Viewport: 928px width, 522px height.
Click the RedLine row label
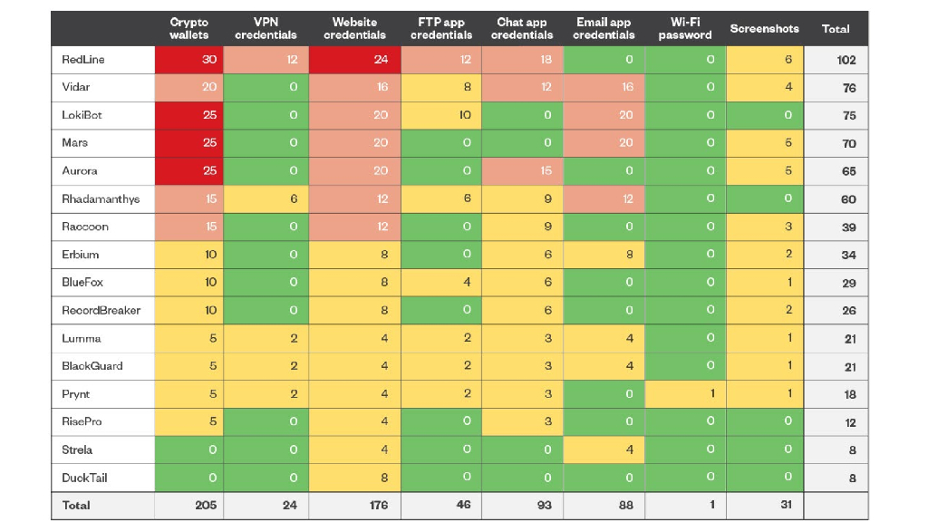coord(82,59)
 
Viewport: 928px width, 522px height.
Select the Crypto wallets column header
coord(188,28)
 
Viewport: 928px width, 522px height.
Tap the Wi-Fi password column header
coord(685,28)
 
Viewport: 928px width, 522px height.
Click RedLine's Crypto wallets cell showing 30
coord(189,60)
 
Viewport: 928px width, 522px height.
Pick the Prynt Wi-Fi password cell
coord(685,393)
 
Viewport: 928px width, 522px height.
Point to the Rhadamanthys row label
coord(101,198)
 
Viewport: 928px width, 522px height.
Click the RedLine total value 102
coord(846,60)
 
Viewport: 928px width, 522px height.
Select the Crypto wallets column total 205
coord(206,505)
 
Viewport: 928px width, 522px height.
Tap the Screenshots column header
coord(764,28)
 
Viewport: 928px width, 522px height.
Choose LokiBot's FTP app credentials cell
coord(441,115)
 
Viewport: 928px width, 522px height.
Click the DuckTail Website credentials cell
coord(354,478)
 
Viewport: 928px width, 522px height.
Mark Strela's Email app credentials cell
coord(604,449)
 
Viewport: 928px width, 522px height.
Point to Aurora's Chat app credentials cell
coord(522,171)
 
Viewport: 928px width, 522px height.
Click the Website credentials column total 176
coord(379,505)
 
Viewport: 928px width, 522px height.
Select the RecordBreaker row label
coord(101,310)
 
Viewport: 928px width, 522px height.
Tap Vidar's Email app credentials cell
coord(604,88)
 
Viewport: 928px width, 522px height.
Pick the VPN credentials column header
coord(266,28)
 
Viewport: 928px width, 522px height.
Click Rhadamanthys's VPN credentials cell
coord(266,198)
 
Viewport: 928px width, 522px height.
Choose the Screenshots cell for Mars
coord(765,143)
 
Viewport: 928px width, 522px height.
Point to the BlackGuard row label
coord(92,366)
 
